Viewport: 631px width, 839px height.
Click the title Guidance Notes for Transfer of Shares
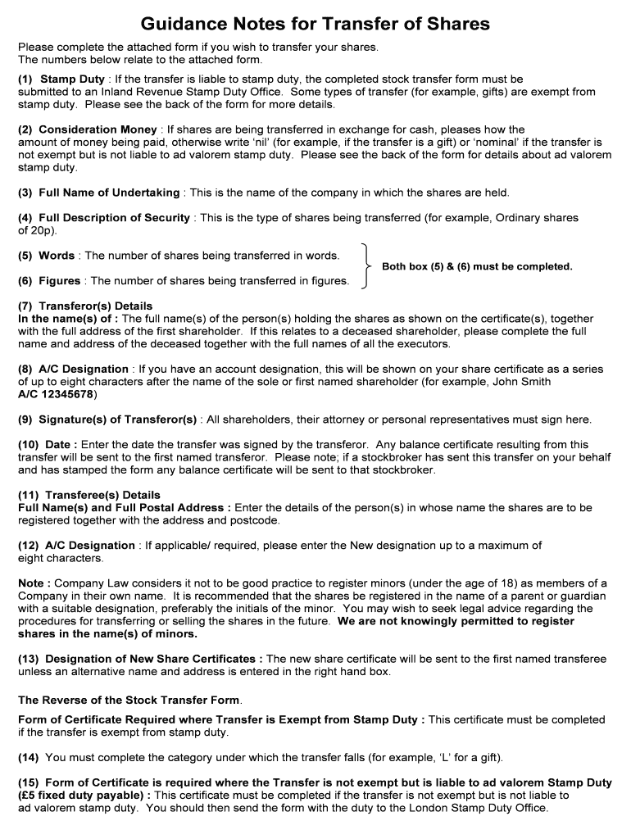pyautogui.click(x=315, y=24)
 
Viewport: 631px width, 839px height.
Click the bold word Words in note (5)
pyautogui.click(x=57, y=256)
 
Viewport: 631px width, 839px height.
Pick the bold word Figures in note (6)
pyautogui.click(x=60, y=281)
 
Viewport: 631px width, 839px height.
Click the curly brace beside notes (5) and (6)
pyautogui.click(x=365, y=267)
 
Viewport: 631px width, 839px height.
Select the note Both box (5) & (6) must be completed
pyautogui.click(x=477, y=267)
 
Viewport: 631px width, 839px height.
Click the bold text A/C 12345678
pyautogui.click(x=56, y=394)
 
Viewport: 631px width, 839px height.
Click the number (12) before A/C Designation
pyautogui.click(x=29, y=546)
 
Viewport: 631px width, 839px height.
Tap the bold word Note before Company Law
pyautogui.click(x=33, y=583)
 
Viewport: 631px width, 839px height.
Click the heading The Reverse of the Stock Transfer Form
pyautogui.click(x=129, y=701)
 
